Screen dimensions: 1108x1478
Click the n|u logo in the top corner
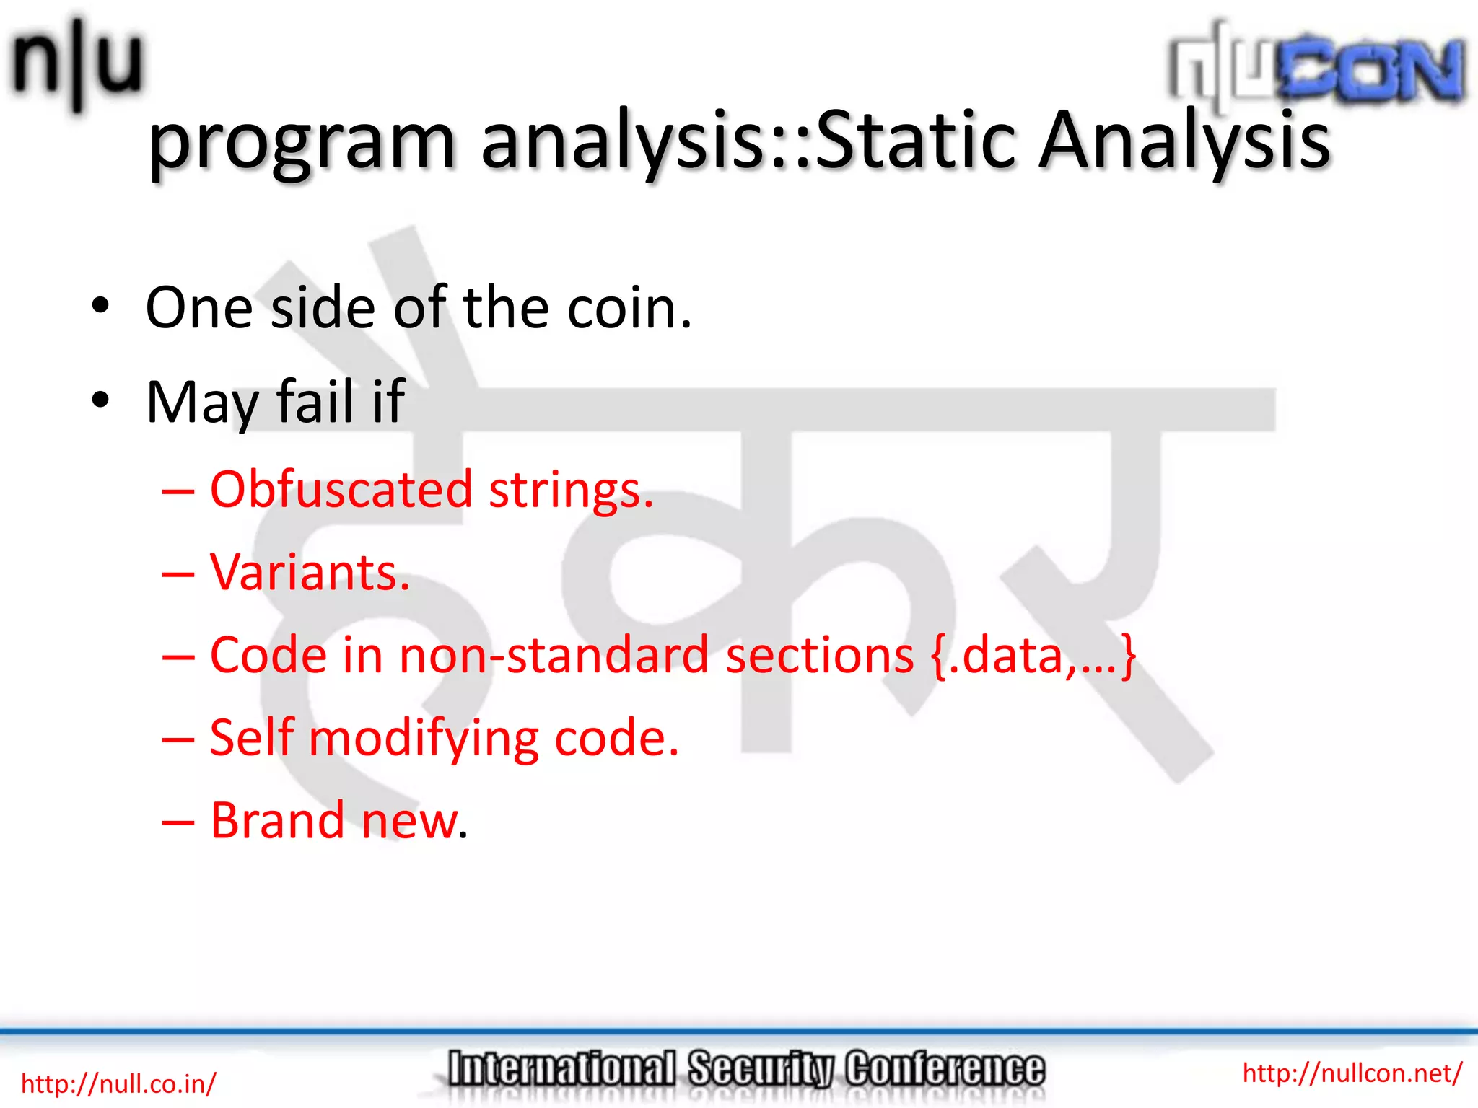(x=76, y=63)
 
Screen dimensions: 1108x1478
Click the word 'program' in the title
(x=302, y=142)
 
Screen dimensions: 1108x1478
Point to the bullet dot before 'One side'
(x=100, y=306)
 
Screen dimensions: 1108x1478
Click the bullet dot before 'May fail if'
(x=100, y=399)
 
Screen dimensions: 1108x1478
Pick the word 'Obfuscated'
(x=341, y=489)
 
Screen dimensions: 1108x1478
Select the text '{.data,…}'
(x=1033, y=656)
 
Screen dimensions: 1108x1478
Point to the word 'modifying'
(x=424, y=740)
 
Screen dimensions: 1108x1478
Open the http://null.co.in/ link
(x=118, y=1083)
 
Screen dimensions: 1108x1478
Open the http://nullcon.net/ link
(x=1352, y=1073)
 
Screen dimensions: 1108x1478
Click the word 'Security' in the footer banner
(x=760, y=1069)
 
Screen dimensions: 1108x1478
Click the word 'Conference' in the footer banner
(x=945, y=1069)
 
